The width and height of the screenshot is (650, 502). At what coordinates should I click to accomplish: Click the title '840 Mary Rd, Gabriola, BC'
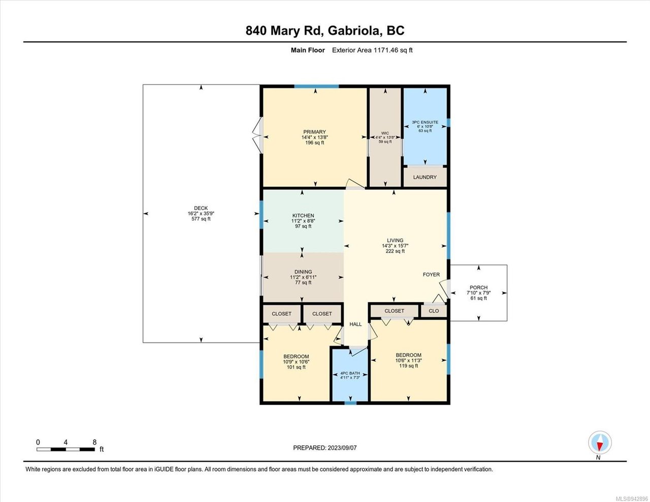click(x=325, y=31)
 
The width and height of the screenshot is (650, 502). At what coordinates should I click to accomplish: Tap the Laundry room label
click(x=425, y=177)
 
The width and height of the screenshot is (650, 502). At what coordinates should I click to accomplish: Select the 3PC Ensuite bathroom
click(x=425, y=126)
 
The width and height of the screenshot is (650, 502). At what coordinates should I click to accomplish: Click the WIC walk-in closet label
click(x=385, y=133)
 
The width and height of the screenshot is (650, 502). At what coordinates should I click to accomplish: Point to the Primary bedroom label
click(x=314, y=132)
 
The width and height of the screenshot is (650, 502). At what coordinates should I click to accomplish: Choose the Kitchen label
click(x=303, y=216)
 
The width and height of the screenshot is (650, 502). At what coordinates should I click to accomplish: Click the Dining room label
click(x=303, y=272)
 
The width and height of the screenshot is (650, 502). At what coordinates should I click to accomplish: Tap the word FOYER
click(x=431, y=275)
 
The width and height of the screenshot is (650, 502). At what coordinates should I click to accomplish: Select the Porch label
click(x=478, y=288)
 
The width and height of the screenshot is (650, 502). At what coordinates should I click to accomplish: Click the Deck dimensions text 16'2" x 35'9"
click(x=201, y=214)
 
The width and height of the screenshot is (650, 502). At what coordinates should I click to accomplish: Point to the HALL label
click(x=355, y=324)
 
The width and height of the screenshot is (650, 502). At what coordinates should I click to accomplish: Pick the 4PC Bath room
click(x=350, y=375)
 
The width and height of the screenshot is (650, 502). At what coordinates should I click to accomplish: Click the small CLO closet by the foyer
click(x=434, y=311)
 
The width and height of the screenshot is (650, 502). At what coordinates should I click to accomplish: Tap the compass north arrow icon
click(x=600, y=443)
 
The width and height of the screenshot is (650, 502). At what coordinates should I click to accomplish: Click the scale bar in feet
click(x=66, y=449)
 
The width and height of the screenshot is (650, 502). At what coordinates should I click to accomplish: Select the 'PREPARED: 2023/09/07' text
click(x=324, y=448)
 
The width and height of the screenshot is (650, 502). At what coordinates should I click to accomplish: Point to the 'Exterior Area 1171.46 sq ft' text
click(x=372, y=50)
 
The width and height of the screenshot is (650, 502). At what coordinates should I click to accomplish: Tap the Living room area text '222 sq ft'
click(x=395, y=251)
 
